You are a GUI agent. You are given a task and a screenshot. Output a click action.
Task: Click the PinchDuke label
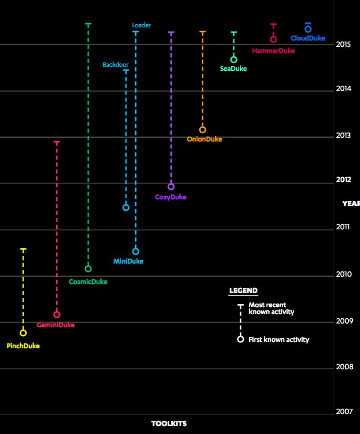23,346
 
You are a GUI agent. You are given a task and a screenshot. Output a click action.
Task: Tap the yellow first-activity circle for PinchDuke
23,333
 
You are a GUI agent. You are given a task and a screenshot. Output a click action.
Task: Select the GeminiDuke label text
56,325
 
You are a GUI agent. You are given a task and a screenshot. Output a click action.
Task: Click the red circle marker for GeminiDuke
57,315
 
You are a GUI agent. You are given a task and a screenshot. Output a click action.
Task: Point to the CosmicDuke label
88,282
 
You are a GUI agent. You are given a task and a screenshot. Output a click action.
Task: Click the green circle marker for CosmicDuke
88,269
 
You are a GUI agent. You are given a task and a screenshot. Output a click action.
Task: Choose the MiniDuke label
128,261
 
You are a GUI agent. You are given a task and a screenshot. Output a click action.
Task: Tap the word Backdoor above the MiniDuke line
116,65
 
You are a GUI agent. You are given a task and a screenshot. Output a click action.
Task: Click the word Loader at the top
141,25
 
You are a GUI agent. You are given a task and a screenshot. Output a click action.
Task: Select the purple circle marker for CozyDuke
171,187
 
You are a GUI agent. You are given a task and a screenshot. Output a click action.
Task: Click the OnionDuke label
204,139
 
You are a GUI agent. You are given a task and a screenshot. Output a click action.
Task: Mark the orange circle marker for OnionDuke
202,130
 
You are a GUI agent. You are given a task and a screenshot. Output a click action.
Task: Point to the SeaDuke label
233,69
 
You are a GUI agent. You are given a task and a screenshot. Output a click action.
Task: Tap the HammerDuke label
273,51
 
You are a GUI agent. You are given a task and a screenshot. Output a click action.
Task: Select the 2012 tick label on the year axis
343,180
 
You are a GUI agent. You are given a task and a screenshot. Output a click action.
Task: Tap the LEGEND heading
243,290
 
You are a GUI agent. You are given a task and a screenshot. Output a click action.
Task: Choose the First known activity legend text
279,340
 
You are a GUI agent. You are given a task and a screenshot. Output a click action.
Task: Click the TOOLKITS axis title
169,423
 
